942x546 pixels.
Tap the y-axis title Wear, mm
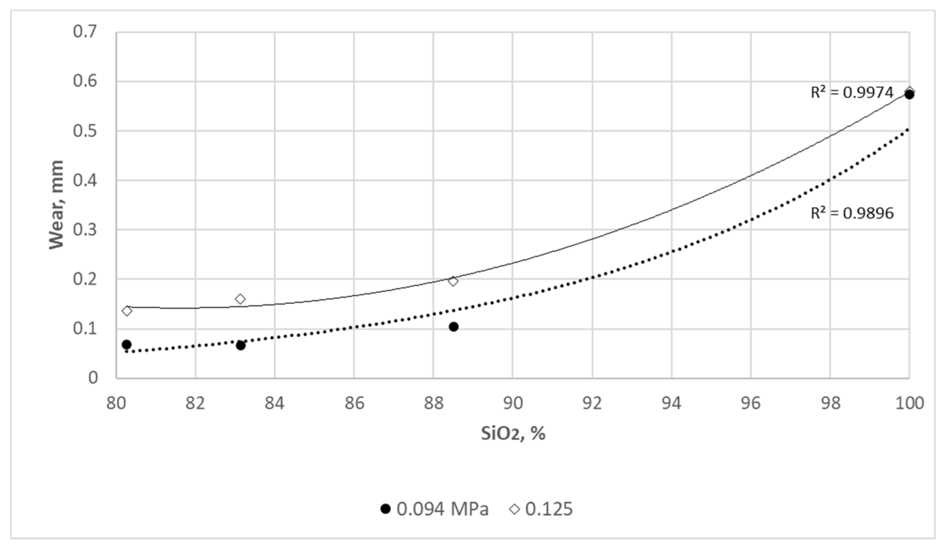click(57, 204)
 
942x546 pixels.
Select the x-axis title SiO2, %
click(513, 433)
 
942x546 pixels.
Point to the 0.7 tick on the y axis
click(85, 32)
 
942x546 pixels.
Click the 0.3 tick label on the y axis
click(85, 230)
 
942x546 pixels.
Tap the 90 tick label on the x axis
click(512, 403)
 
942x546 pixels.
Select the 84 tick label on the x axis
click(275, 403)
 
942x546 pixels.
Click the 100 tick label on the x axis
click(909, 403)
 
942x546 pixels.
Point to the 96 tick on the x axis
click(751, 403)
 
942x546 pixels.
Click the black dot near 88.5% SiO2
click(453, 327)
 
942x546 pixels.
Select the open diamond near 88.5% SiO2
click(453, 281)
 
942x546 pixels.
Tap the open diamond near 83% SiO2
click(240, 299)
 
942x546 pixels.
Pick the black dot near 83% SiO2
click(240, 345)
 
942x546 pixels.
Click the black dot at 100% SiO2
click(909, 95)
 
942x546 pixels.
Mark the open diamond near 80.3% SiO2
click(127, 311)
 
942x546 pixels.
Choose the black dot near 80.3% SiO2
click(127, 344)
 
